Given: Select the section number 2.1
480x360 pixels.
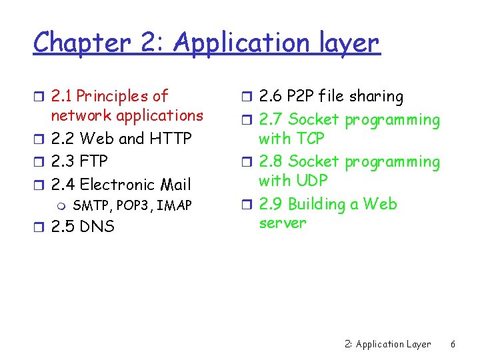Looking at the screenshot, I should pos(62,97).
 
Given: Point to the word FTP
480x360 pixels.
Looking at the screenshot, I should pos(93,161).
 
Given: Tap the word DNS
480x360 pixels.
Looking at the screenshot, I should pos(97,227).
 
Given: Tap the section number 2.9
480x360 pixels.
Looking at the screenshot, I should pos(271,204).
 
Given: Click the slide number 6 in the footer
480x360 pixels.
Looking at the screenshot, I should pos(453,345).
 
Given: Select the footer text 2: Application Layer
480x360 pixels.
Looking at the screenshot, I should pos(388,345).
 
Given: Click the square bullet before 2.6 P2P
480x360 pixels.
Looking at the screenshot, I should pos(247,97).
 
